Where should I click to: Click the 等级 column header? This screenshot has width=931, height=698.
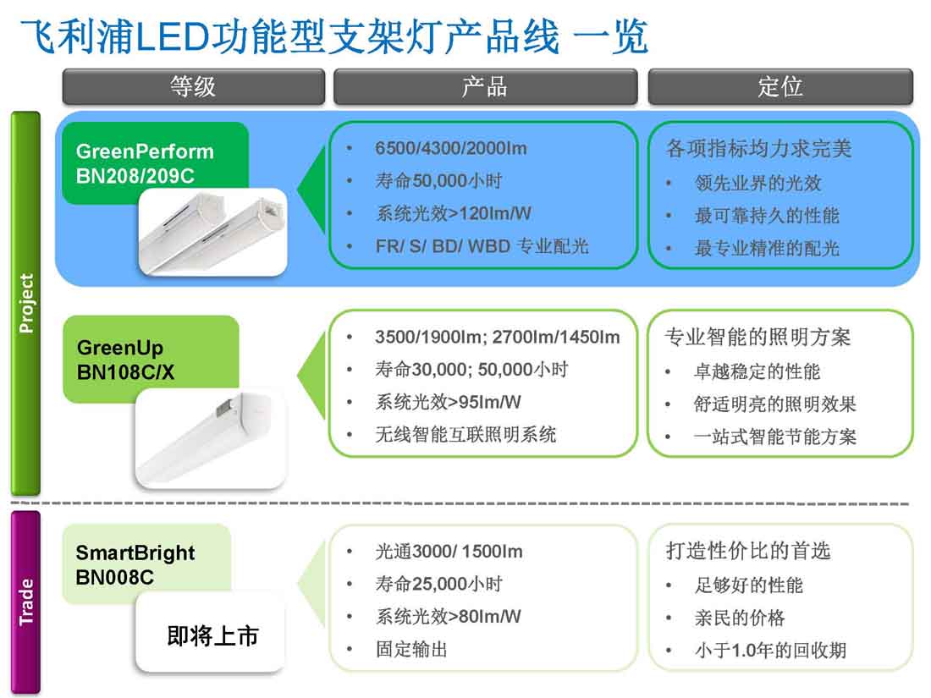coord(193,86)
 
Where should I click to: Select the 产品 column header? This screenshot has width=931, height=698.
coord(485,86)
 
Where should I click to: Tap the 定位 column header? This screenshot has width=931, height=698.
coord(780,86)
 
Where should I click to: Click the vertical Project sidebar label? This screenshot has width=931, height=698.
coord(26,303)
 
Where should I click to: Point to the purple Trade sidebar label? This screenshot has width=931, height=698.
coord(26,602)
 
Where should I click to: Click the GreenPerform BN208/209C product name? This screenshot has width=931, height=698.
coord(145,163)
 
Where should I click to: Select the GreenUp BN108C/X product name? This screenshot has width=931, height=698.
coord(126,360)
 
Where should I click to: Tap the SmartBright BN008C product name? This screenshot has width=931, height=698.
coord(135,564)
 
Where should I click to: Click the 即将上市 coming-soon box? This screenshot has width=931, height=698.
coord(211,635)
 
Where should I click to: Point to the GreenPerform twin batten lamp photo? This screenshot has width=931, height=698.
coord(212,232)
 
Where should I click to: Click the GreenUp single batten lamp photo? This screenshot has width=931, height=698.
coord(211,439)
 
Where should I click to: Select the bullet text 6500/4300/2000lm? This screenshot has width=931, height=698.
coord(450,148)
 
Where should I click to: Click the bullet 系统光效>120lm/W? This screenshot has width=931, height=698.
coord(454,213)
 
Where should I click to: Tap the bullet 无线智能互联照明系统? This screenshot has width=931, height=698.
coord(465,435)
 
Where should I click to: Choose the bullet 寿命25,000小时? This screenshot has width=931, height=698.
coord(438,584)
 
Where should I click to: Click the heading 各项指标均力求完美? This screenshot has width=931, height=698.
coord(759,148)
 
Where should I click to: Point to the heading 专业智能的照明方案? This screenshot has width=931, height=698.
coord(757,337)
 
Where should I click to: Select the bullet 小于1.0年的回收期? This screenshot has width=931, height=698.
coord(771,650)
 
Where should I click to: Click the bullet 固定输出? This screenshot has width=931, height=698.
coord(411,649)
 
